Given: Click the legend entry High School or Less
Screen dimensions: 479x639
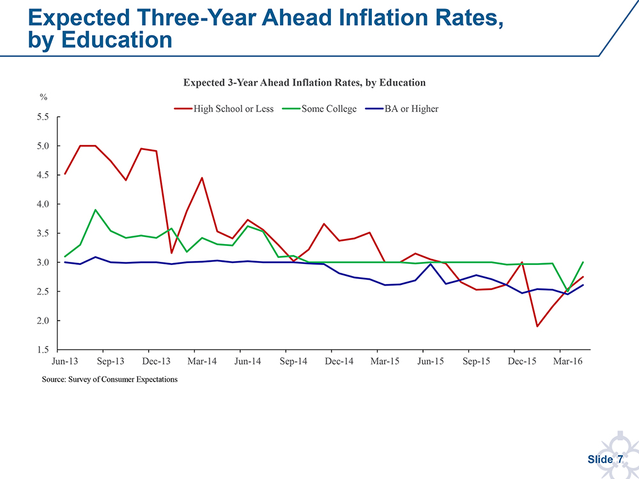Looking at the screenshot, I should (233, 109).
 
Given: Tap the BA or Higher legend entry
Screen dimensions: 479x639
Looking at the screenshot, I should (411, 109).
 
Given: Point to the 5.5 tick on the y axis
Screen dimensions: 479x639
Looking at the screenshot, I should (45, 117).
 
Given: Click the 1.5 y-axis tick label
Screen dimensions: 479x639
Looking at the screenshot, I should (45, 350).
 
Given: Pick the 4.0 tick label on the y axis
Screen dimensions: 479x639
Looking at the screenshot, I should (45, 204).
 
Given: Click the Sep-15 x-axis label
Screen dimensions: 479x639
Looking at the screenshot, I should (477, 361).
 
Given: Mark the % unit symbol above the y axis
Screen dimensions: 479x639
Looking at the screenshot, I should (43, 97).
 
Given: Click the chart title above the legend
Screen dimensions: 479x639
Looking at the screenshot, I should (304, 82).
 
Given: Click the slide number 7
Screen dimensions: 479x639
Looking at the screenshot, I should (619, 460).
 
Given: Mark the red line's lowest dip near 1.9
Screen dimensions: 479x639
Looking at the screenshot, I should (537, 326).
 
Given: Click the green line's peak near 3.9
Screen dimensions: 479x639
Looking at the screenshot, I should (95, 209).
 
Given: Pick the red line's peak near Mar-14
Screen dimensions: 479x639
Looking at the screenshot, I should (202, 178).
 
